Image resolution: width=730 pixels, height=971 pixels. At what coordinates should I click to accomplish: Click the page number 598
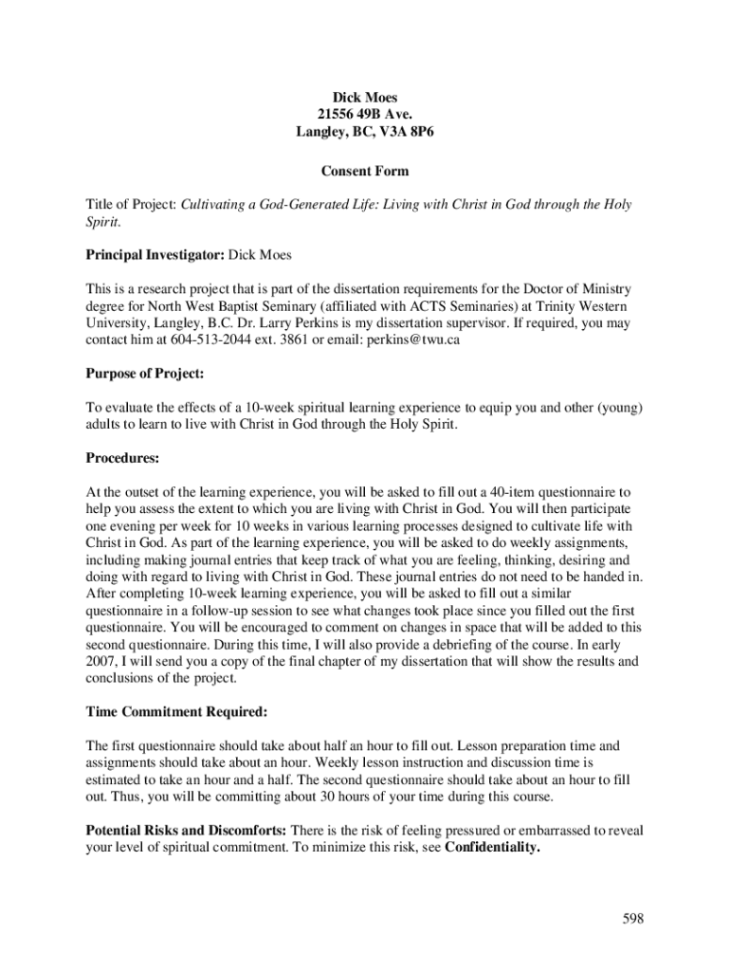633,919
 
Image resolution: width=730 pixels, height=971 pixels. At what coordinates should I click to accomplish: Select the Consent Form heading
365,172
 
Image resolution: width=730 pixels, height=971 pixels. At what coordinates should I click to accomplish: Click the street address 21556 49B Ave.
365,115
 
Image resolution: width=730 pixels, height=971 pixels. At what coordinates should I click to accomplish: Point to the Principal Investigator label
155,255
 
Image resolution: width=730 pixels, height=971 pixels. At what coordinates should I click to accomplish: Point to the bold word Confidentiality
492,848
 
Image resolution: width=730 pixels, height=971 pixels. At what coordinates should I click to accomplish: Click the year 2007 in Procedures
100,661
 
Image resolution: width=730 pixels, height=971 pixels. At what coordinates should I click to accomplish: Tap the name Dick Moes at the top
365,98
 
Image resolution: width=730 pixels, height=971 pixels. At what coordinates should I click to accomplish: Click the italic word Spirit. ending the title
102,221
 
